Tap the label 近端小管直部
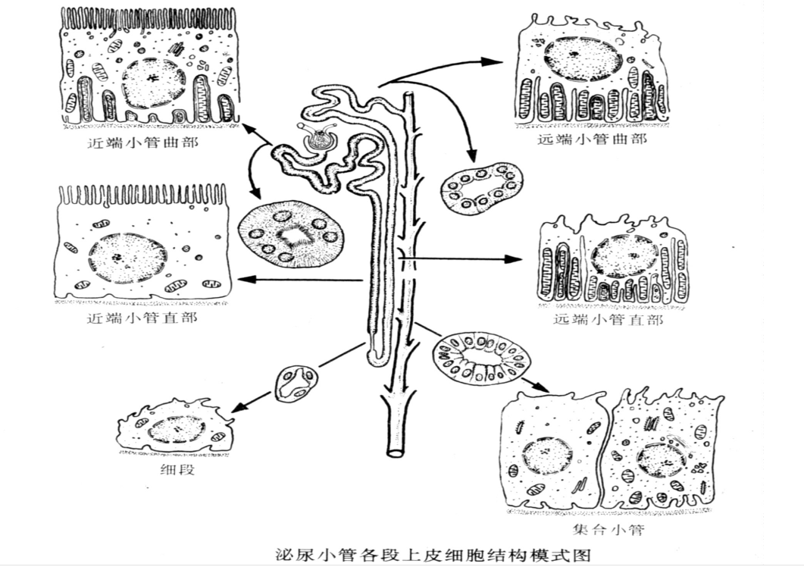click(142, 318)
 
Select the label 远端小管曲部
click(592, 139)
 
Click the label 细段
click(178, 471)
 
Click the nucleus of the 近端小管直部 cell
click(127, 258)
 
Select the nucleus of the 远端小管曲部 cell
click(584, 60)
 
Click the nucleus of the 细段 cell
click(177, 430)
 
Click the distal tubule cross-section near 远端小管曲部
click(481, 186)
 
